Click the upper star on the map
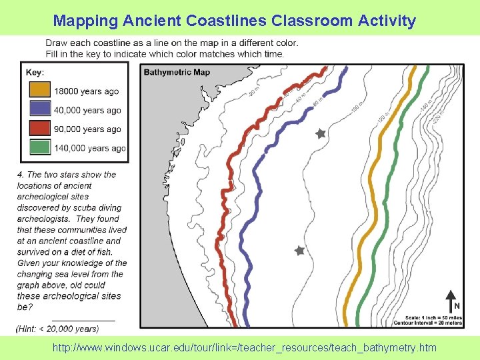coord(320,134)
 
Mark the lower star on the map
coord(299,251)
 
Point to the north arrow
coord(451,300)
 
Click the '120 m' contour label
coord(381,118)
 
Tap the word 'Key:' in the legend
coord(35,72)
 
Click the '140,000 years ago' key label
coord(90,148)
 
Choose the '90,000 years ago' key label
coord(88,129)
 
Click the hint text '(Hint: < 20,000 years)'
coord(58,329)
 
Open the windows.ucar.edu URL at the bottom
coord(247,347)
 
